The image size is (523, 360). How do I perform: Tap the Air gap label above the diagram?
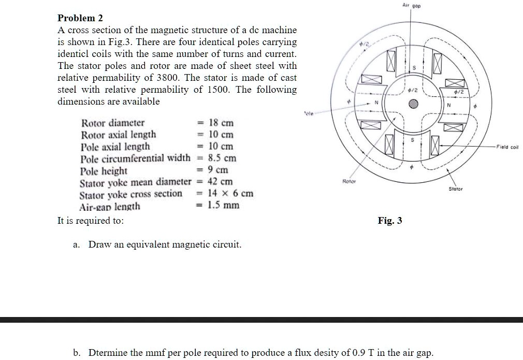[x=412, y=5]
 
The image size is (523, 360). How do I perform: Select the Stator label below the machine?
[x=456, y=190]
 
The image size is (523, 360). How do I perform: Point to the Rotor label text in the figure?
[x=349, y=181]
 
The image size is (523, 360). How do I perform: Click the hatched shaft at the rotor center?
[x=413, y=103]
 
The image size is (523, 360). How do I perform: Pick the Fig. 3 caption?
[x=390, y=221]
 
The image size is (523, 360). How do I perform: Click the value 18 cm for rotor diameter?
[x=221, y=123]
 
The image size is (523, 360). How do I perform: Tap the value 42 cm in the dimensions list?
[x=220, y=181]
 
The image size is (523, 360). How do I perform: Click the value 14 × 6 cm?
[x=230, y=193]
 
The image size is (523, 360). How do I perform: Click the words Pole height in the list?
[x=104, y=170]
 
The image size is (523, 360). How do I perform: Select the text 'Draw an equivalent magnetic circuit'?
[x=165, y=244]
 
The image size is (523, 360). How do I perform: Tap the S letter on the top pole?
[x=413, y=68]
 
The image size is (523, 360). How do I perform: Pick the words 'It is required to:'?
[x=90, y=220]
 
